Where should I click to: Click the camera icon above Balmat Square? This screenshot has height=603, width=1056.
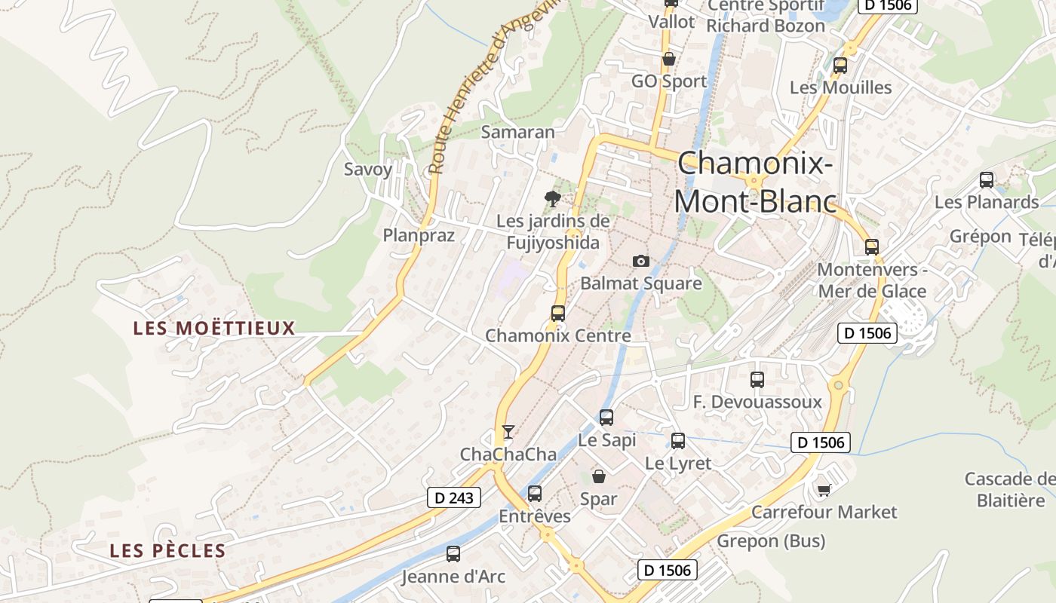[x=640, y=261]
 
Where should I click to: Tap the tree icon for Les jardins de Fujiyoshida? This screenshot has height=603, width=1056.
[x=553, y=199]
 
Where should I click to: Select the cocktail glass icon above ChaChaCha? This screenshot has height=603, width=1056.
[x=508, y=431]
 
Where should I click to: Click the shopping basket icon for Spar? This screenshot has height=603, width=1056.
[x=599, y=476]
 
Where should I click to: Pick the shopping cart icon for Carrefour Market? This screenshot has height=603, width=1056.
[x=824, y=490]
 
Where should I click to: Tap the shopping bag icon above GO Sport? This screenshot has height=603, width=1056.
[x=668, y=59]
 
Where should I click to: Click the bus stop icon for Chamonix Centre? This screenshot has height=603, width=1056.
[x=558, y=314]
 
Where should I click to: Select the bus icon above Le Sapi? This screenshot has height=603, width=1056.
[x=606, y=418]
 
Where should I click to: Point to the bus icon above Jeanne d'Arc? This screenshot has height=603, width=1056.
[x=453, y=554]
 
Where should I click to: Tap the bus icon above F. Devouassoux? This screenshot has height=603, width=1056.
[x=757, y=380]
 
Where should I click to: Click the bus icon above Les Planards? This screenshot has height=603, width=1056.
[x=986, y=180]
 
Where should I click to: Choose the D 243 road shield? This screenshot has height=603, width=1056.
[x=454, y=497]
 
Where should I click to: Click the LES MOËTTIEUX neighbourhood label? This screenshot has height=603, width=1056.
[x=213, y=329]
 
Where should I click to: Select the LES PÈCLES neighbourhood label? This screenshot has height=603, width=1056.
[x=167, y=551]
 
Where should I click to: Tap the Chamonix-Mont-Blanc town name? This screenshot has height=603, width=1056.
[x=755, y=182]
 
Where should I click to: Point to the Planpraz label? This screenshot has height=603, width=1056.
[x=419, y=235]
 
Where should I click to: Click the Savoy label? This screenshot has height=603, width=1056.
[x=368, y=169]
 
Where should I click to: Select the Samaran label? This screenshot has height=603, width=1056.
[x=518, y=132]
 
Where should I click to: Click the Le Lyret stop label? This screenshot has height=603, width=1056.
[x=678, y=464]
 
